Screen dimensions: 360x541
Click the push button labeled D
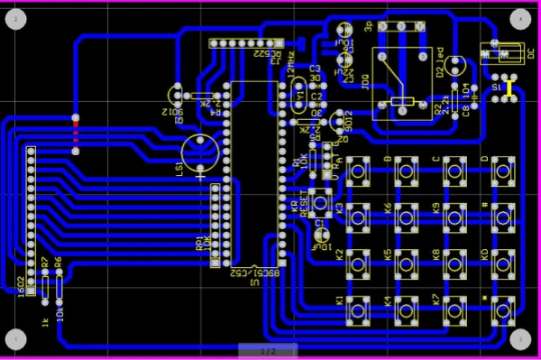(502, 170)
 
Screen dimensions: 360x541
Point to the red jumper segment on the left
(75, 134)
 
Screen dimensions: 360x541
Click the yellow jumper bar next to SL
(509, 88)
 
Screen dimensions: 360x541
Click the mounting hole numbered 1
(17, 339)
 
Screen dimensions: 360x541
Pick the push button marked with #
(502, 215)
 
